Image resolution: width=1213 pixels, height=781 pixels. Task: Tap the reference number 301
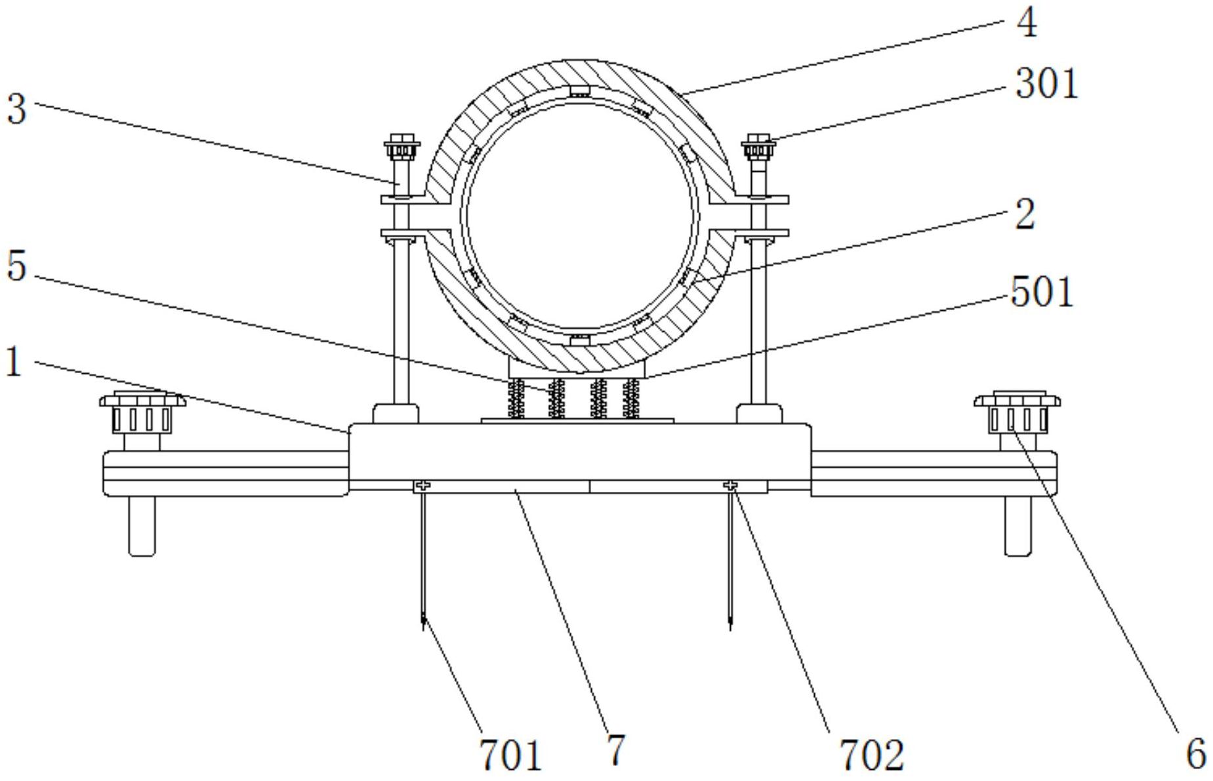(1046, 84)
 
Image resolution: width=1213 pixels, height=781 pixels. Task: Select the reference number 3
(16, 108)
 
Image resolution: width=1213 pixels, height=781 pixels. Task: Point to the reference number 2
(1025, 214)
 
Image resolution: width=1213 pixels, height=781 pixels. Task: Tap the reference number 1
(14, 361)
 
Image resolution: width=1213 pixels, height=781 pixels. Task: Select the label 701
(511, 755)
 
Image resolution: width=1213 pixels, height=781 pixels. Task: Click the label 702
(872, 755)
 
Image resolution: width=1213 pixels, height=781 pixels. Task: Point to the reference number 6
(1197, 753)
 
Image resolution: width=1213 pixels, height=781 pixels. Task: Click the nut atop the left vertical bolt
(401, 147)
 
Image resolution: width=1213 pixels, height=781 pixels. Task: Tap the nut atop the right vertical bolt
(759, 147)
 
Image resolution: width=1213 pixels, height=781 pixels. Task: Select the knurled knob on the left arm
(142, 412)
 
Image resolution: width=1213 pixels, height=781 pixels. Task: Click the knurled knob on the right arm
(1017, 412)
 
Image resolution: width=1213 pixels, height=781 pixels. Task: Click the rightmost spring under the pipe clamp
(631, 398)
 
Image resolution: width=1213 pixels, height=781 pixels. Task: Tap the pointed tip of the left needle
(424, 630)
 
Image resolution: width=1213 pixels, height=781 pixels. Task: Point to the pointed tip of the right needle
(730, 630)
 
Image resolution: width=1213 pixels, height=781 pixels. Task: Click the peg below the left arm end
(142, 527)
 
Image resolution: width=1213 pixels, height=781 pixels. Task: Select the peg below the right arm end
(1018, 527)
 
